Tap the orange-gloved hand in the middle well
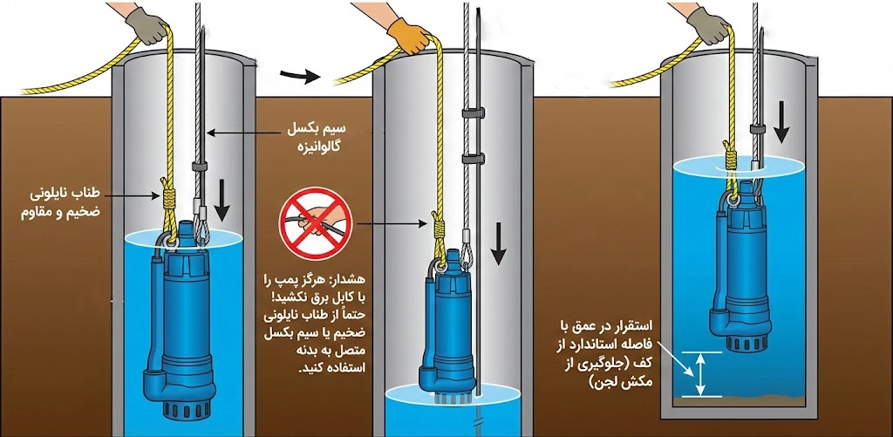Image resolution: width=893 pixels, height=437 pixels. (410, 36)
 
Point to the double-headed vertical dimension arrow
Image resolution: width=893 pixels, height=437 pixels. (699, 373)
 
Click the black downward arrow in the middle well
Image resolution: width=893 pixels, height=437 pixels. (498, 244)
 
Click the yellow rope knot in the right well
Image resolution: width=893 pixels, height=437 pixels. (729, 156)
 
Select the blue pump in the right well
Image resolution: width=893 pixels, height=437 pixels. (741, 270)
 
